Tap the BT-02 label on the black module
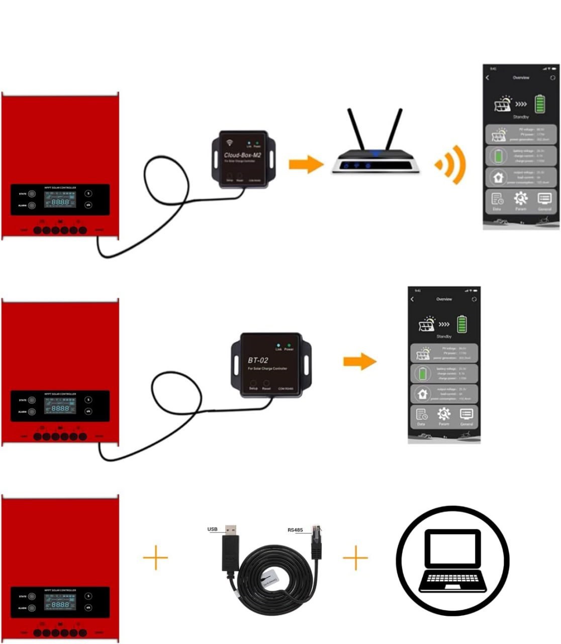click(258, 360)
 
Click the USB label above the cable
click(212, 529)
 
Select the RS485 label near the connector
click(296, 530)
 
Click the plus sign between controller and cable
click(155, 557)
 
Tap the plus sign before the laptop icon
click(355, 557)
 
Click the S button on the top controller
click(88, 193)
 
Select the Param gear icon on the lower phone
click(443, 414)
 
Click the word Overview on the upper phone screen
click(521, 78)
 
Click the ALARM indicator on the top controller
click(32, 205)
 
